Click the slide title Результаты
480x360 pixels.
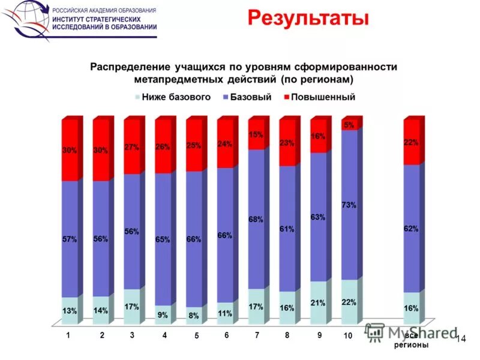308,19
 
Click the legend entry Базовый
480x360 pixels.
250,97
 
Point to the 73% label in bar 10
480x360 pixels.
349,205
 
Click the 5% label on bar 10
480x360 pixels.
349,125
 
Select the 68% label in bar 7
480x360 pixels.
256,220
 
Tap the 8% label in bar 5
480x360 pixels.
193,315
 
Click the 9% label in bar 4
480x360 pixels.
163,314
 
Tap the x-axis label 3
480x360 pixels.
131,336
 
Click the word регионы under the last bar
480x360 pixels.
411,346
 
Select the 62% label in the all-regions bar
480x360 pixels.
411,229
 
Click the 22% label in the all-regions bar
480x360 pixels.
411,142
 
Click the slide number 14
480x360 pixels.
461,340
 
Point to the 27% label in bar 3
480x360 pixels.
131,147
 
